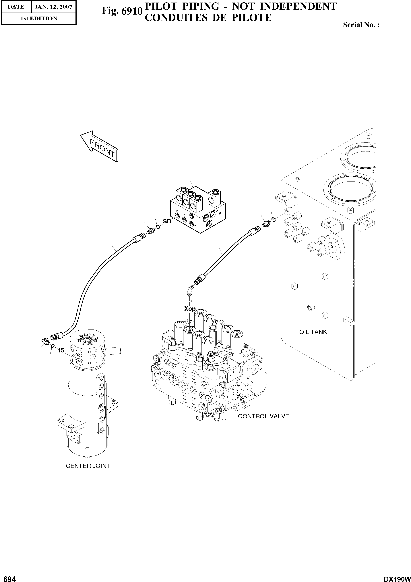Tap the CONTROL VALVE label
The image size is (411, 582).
[x=263, y=416]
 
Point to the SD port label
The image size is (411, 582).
[x=167, y=221]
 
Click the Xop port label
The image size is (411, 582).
[x=190, y=309]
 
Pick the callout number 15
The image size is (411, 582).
[x=61, y=351]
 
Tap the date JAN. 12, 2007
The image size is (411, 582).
[x=53, y=7]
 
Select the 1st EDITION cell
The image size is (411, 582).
[x=39, y=19]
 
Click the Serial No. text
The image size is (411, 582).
[x=361, y=25]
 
